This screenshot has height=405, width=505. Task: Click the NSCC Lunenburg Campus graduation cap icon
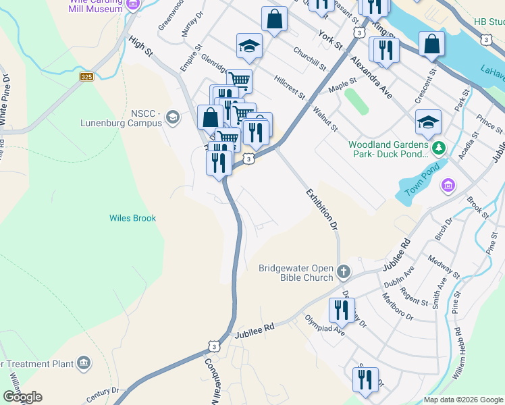(x=173, y=118)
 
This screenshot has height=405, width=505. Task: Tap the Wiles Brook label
(x=133, y=218)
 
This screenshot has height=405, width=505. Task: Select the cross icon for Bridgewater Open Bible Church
(x=344, y=272)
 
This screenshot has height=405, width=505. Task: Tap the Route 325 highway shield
(x=86, y=78)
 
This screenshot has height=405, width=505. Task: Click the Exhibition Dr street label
(x=321, y=210)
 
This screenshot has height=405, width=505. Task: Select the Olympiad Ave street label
(x=325, y=326)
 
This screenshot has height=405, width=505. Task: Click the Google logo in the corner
(x=22, y=397)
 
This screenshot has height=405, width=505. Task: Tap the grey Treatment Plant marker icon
(x=83, y=364)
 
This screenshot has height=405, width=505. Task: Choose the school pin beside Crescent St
(x=428, y=123)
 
